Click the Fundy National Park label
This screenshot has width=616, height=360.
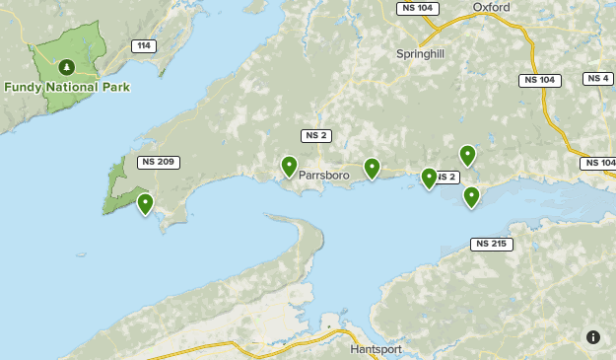tap(67, 87)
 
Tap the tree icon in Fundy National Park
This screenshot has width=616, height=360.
tap(66, 67)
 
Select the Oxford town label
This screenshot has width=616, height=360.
tap(491, 7)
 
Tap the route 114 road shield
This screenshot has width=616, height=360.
tap(144, 46)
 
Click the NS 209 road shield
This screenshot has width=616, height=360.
tap(159, 162)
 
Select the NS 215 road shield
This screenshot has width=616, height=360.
tap(492, 244)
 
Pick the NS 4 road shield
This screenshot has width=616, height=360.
tap(598, 79)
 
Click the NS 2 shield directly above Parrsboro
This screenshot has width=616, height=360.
tap(315, 136)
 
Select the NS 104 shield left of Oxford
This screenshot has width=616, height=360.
tap(417, 8)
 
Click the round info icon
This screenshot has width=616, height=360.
tap(593, 337)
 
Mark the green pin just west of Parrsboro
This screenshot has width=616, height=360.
tap(289, 167)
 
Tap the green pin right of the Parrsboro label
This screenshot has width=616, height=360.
tap(372, 169)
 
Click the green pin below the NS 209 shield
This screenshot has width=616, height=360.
tap(146, 204)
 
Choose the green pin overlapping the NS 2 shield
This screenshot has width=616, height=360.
tap(429, 178)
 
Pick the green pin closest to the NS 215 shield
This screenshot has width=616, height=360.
tap(472, 197)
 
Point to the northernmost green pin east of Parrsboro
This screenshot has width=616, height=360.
tap(467, 155)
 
